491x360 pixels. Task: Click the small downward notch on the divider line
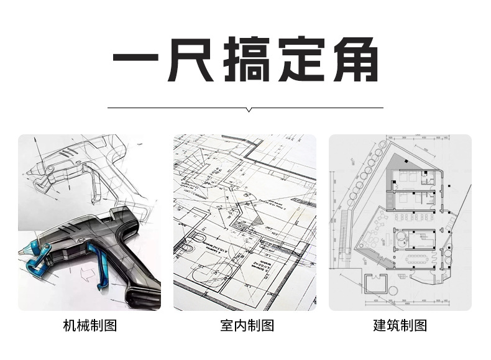[x=249, y=110]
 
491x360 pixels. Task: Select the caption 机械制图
[x=90, y=325]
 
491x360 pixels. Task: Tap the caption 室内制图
[x=247, y=325]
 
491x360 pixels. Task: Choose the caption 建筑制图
[x=400, y=325]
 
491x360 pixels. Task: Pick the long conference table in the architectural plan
[x=418, y=256]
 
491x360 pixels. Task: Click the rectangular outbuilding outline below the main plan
[x=377, y=284]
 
